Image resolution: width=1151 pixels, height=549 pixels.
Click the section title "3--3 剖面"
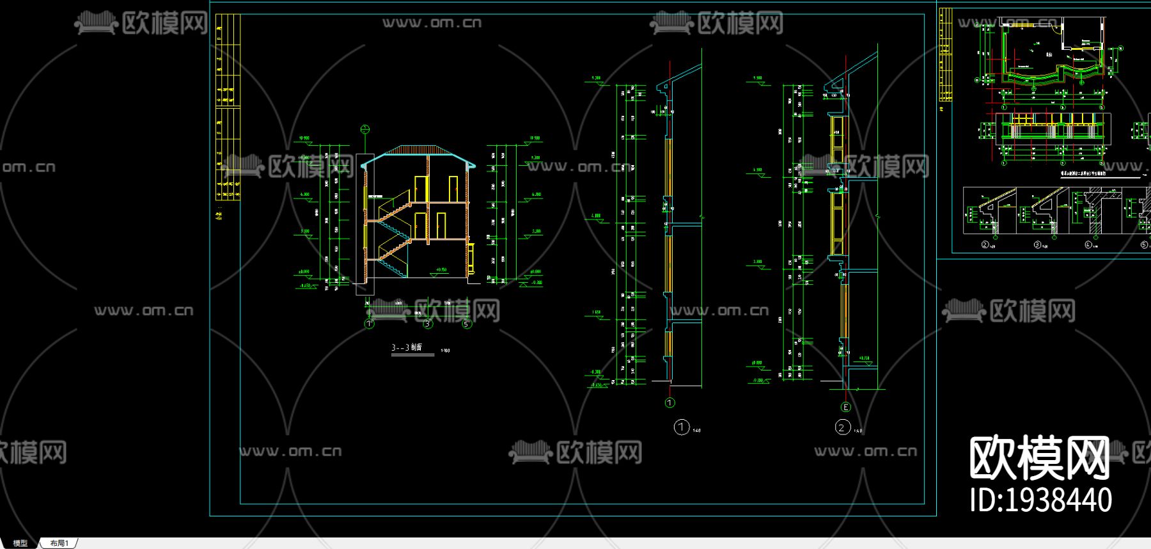[407, 347]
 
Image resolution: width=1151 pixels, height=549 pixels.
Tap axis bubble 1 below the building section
[369, 324]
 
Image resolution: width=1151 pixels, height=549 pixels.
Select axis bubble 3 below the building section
[428, 324]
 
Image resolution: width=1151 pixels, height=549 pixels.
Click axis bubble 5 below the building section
[466, 324]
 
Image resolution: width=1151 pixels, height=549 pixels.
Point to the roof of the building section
[419, 154]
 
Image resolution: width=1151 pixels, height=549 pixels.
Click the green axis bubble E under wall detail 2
[846, 407]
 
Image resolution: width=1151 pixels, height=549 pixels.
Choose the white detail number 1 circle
[682, 427]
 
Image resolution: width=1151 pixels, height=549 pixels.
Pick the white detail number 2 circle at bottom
[842, 427]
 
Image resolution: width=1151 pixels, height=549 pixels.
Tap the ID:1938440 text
[1040, 500]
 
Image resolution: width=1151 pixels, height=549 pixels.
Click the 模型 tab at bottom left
[20, 543]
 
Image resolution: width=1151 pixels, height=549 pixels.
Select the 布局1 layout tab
[59, 543]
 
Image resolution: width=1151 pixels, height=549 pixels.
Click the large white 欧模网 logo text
[1039, 457]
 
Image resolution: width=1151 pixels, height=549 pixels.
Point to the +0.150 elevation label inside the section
[441, 270]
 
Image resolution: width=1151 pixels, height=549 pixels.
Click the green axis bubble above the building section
[365, 130]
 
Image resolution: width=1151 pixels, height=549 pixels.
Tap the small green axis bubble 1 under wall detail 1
[670, 402]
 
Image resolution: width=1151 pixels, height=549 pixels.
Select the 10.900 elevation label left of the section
[303, 138]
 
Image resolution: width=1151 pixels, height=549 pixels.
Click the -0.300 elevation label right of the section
[536, 282]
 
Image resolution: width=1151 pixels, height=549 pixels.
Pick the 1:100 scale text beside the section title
[446, 351]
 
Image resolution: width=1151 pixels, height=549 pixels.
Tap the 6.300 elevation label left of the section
[304, 195]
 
